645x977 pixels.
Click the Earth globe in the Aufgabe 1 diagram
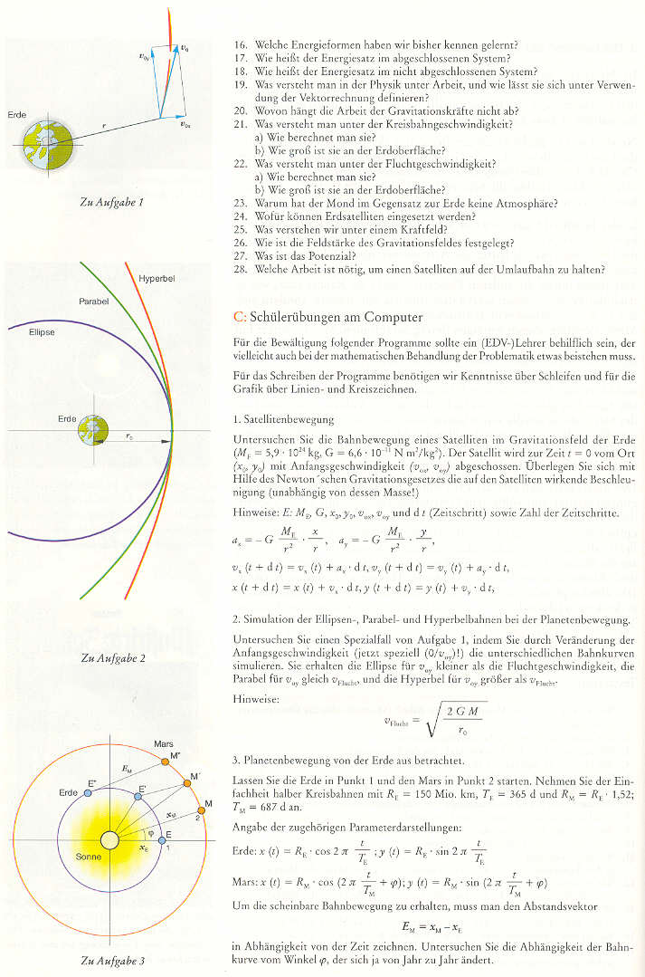pos(43,145)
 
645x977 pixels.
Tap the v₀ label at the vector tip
pos(185,46)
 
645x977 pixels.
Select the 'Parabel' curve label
pos(93,300)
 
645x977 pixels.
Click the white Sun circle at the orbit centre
pos(110,841)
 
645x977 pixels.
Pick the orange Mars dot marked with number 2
pos(201,817)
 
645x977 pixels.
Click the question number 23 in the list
pos(240,203)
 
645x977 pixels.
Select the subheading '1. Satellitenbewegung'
pos(285,420)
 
